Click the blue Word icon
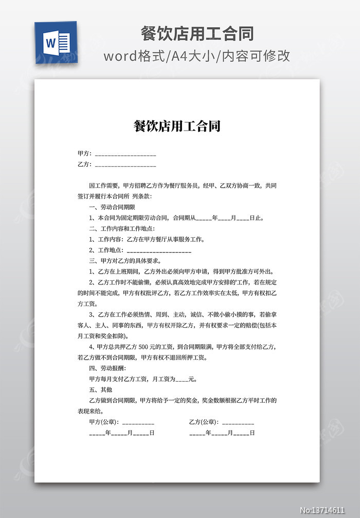point(56,43)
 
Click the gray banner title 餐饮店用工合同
point(197,34)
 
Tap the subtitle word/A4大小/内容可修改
point(197,56)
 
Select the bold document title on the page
point(177,126)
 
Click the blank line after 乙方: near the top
point(125,165)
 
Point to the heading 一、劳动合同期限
point(112,207)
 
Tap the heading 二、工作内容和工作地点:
point(122,228)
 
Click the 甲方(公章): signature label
point(104,422)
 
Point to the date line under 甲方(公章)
point(121,433)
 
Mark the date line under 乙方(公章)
point(222,433)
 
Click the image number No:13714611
point(329,510)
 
